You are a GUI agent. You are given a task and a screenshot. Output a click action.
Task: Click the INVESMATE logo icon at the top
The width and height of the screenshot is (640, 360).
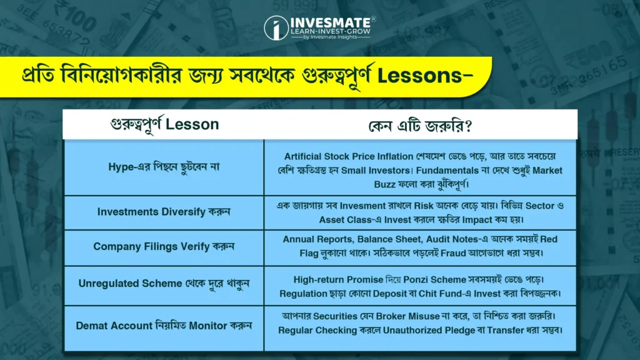(x=276, y=28)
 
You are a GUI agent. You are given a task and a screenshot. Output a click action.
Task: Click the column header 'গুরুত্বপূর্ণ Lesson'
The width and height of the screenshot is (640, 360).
(x=164, y=124)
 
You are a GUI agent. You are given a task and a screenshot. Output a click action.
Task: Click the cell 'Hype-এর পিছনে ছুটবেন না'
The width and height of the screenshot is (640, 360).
(x=164, y=167)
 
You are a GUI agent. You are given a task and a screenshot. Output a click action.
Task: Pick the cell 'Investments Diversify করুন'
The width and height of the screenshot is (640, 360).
(x=164, y=212)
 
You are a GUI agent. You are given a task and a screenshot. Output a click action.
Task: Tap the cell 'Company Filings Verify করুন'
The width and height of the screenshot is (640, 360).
(x=164, y=246)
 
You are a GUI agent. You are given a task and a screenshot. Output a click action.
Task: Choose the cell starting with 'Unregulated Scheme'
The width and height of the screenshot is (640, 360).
(x=164, y=283)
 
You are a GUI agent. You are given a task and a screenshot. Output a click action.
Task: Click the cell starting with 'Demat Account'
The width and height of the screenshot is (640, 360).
(x=164, y=326)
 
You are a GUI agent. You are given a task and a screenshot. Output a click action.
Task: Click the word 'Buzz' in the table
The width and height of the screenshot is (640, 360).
(x=384, y=184)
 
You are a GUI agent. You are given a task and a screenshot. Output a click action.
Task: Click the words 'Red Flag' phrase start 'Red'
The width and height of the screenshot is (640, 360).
(x=549, y=239)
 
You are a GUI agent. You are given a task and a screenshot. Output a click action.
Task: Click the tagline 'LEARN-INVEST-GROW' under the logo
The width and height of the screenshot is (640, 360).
(x=331, y=31)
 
